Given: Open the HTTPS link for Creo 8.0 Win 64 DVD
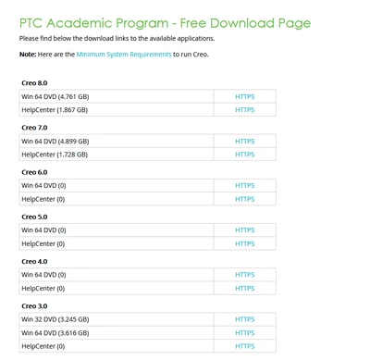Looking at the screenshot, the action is [244, 96].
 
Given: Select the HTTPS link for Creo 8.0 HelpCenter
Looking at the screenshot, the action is [244, 110].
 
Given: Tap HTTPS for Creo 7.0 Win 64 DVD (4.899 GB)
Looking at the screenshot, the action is [244, 142].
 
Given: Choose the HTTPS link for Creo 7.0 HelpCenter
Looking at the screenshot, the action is [244, 155].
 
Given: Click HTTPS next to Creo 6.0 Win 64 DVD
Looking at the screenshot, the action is [244, 186].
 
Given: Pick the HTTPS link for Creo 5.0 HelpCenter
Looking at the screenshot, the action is [244, 244].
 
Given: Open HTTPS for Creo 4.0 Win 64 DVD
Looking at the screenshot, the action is [244, 275].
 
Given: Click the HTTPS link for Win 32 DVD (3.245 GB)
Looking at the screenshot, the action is [244, 319].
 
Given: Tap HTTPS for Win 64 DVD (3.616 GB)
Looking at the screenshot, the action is [244, 333].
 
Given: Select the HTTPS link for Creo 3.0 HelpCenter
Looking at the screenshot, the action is [244, 346].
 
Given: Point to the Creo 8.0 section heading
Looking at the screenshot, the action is [34, 83].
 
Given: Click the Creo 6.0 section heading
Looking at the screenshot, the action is [34, 172].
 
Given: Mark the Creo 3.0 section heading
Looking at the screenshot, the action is [34, 306].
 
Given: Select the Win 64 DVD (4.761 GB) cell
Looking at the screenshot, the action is [55, 96].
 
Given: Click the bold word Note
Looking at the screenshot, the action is [28, 55].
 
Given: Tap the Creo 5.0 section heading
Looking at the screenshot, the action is [34, 217].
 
